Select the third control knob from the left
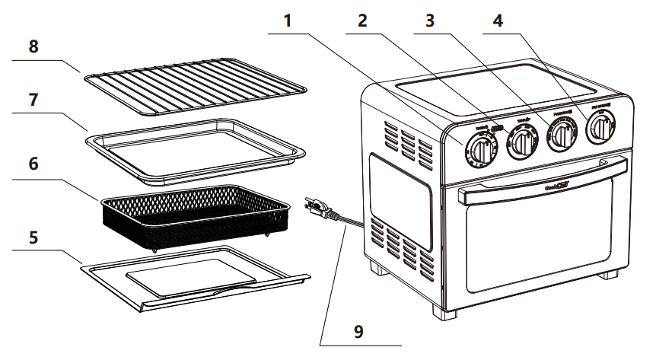[562, 135]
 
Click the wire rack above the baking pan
[193, 82]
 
